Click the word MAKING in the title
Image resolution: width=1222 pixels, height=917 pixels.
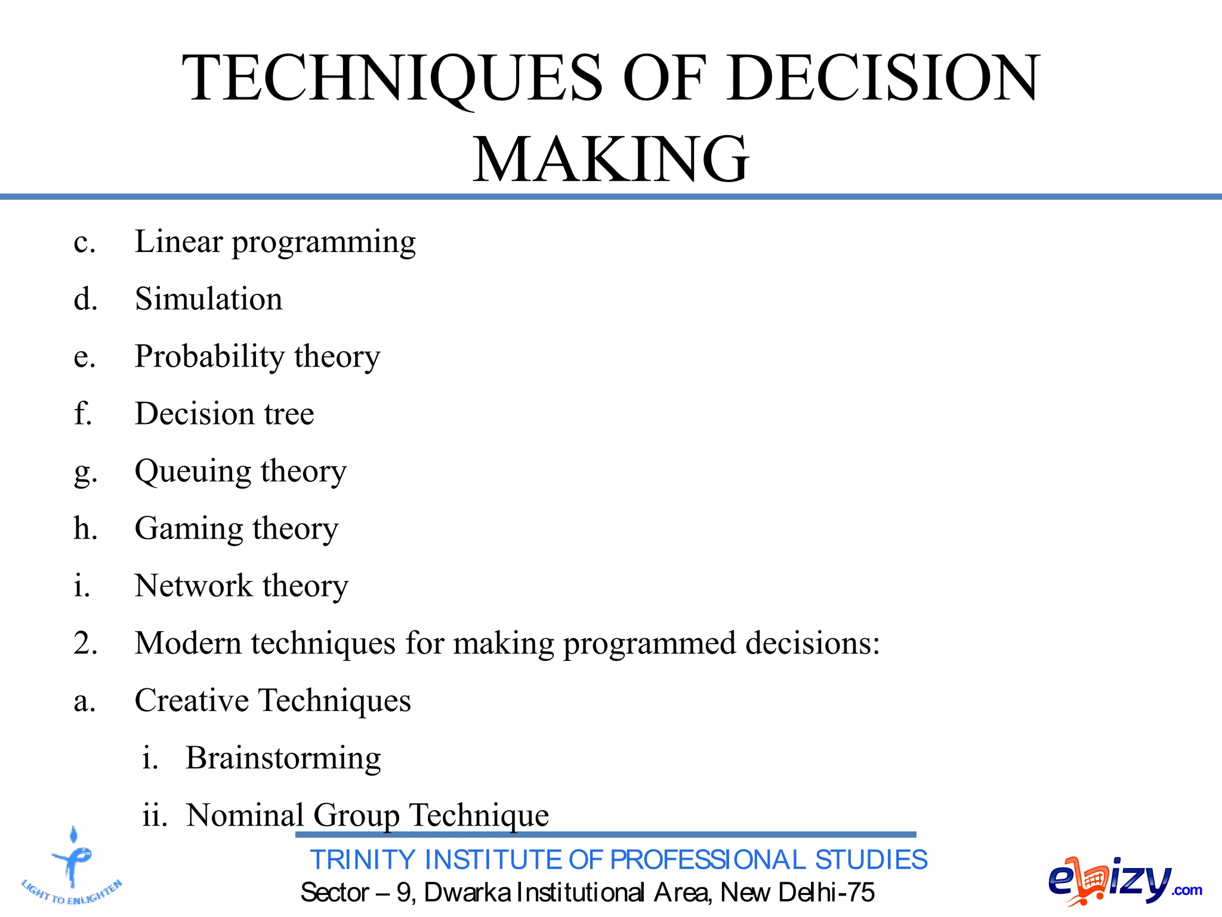pyautogui.click(x=610, y=159)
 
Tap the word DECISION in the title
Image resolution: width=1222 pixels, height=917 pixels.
pyautogui.click(x=884, y=78)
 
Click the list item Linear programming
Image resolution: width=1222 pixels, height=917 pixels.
pyautogui.click(x=274, y=242)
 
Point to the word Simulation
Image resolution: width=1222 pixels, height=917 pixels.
pyautogui.click(x=208, y=299)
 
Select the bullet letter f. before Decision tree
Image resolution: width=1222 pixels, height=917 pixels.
pyautogui.click(x=82, y=413)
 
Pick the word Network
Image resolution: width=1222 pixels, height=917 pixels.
pyautogui.click(x=193, y=586)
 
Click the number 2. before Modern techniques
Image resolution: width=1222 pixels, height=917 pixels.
pyautogui.click(x=85, y=644)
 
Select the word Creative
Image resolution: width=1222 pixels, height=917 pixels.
pyautogui.click(x=191, y=700)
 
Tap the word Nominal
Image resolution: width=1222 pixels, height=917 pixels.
pyautogui.click(x=245, y=815)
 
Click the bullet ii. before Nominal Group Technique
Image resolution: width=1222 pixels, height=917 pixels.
pyautogui.click(x=155, y=816)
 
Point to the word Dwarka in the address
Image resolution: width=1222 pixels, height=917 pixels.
pyautogui.click(x=467, y=893)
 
